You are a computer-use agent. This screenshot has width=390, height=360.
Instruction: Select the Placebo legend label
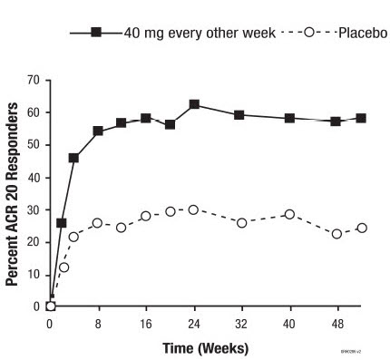coord(363,33)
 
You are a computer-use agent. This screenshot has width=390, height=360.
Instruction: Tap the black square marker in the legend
coord(95,33)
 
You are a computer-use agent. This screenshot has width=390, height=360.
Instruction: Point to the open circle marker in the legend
coord(309,33)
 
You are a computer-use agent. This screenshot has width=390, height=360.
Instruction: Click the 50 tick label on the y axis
coord(33,145)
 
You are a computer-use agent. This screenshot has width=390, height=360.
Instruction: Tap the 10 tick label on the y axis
coord(33,275)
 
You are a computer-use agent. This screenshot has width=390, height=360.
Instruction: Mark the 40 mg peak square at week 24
coord(194,104)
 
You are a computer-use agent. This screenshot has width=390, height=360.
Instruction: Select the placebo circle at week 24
coord(193,209)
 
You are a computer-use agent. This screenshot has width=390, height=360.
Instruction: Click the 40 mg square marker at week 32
coord(239,115)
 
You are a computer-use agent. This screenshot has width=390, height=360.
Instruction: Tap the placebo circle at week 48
coord(336,233)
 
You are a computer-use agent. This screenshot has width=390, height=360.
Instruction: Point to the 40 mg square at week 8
coord(98,131)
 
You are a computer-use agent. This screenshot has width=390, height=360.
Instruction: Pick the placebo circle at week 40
coord(289,214)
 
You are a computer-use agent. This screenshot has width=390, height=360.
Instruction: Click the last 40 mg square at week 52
coord(361,118)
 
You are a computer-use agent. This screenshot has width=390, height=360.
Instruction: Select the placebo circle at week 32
coord(241,222)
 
